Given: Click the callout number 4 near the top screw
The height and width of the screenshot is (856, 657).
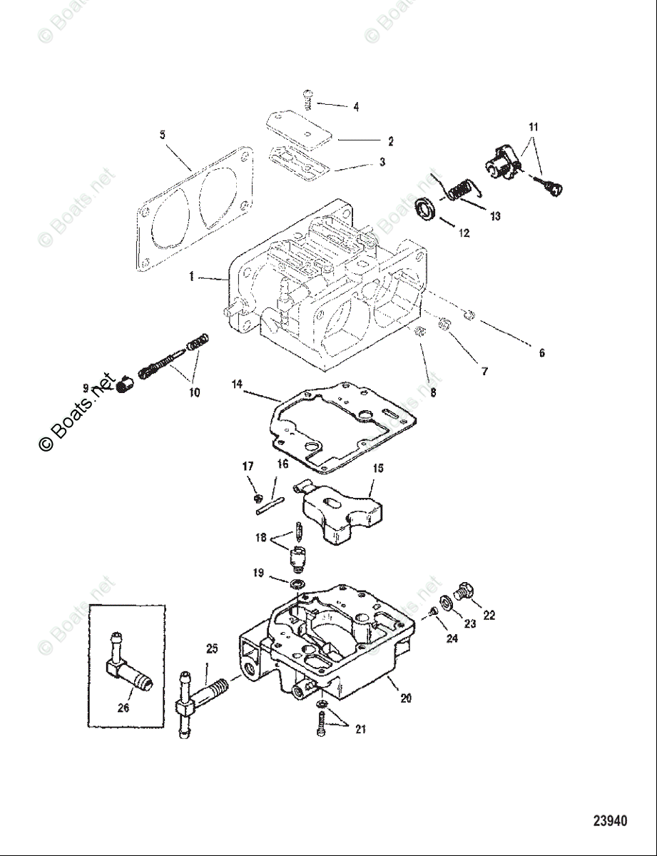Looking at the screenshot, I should (355, 107).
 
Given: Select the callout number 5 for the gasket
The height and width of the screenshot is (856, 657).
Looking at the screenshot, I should (162, 134).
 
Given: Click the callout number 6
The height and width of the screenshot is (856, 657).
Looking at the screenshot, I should (541, 353).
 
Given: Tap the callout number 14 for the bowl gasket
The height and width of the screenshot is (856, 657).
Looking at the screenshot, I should (237, 384).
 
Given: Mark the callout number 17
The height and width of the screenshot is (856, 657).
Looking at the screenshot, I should (248, 467).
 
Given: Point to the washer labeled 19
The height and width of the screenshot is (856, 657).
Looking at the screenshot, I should (297, 585).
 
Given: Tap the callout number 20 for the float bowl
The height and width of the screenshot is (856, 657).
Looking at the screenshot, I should (405, 699).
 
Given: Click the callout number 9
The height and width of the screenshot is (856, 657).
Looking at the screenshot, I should (85, 389).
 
